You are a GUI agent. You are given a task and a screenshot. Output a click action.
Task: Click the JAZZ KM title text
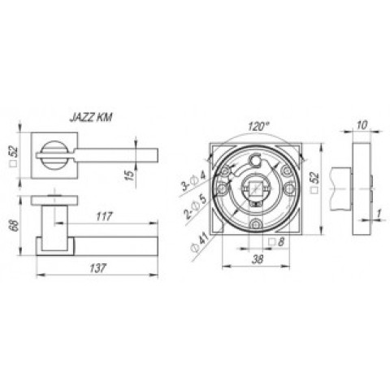(91, 118)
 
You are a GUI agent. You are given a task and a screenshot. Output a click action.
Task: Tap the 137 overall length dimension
(97, 268)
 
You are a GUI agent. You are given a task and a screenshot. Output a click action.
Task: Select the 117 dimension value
(104, 217)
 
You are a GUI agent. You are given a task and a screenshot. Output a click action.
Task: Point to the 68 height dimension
(15, 225)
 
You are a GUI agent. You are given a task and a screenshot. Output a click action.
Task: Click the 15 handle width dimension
(130, 175)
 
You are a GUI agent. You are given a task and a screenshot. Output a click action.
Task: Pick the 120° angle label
(258, 126)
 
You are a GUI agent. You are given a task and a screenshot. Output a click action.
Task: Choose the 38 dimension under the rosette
(258, 259)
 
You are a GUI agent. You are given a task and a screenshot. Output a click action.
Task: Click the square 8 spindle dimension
(276, 241)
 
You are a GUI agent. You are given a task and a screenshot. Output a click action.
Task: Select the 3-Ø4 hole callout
(193, 181)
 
